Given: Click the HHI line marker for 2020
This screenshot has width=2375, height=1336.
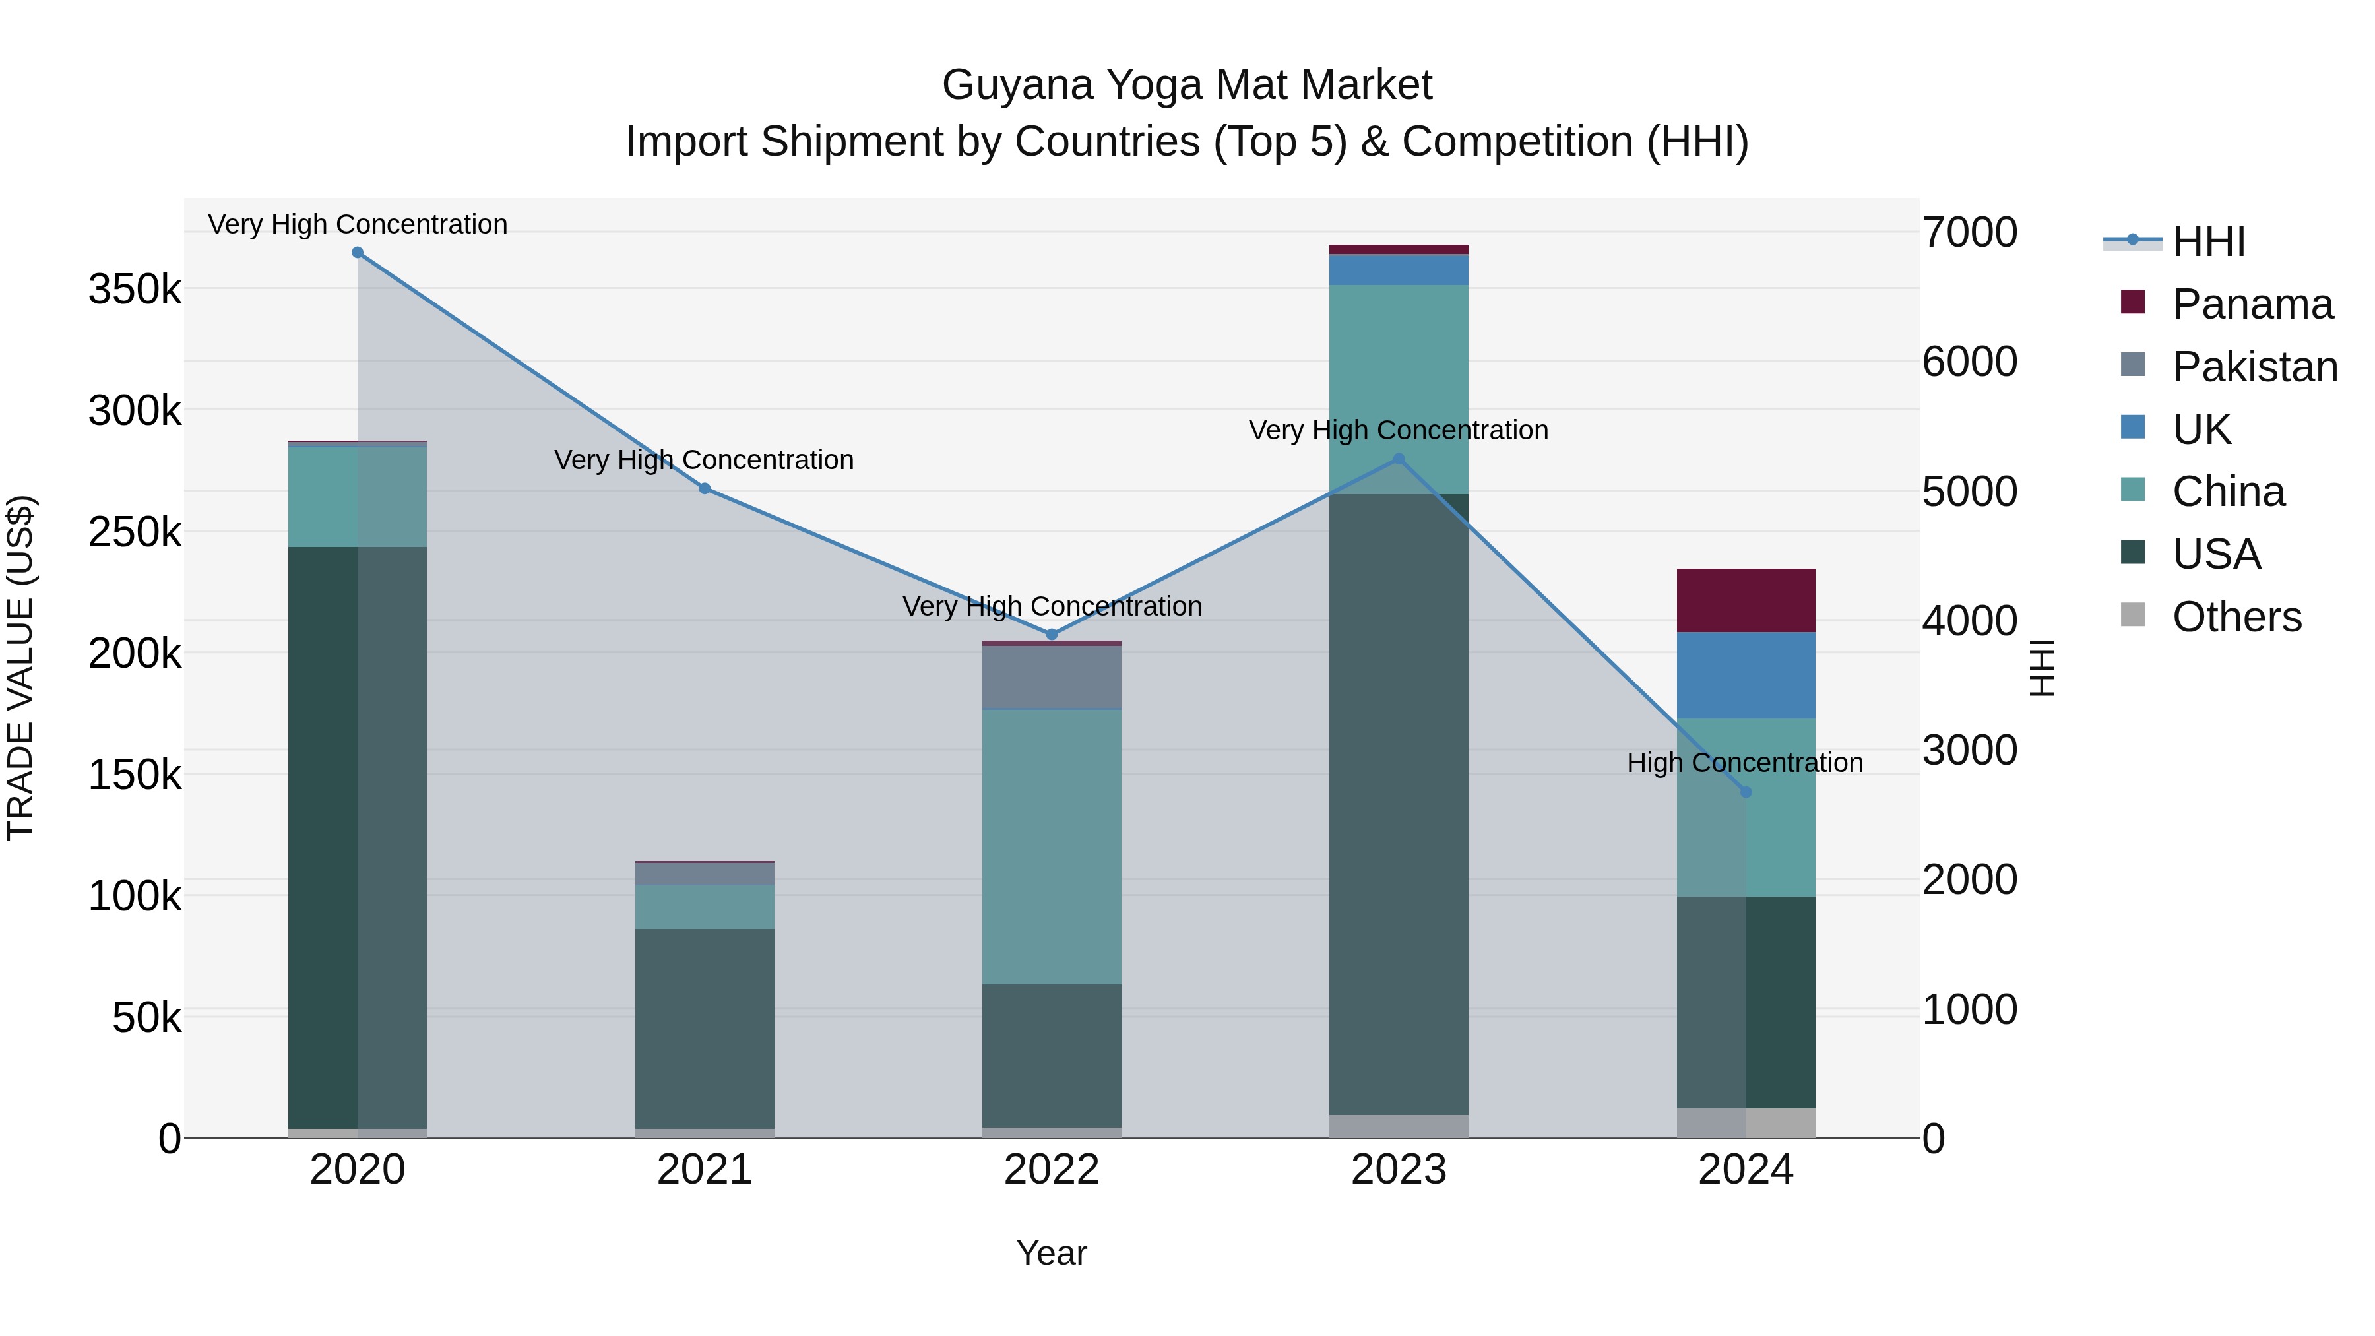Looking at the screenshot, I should coord(358,253).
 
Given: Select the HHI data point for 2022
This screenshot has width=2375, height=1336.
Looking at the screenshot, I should coord(1052,634).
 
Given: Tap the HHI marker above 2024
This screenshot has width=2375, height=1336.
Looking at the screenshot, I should coord(1745,792).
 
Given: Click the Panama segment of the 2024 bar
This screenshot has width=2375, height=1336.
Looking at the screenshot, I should coord(1745,600).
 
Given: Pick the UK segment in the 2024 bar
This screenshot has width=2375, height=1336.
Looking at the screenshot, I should coord(1745,675).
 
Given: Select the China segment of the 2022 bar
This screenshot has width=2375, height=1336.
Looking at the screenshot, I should coord(1052,846).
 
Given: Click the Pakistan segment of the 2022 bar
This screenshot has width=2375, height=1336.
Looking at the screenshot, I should coord(1052,677).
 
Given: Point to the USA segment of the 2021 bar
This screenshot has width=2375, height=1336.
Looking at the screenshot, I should coord(705,1028).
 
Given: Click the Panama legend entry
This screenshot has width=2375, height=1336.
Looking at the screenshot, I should coord(2252,304).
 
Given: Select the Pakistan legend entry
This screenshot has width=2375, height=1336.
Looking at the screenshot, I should coord(2254,367).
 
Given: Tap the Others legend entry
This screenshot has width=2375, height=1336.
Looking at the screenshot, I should coord(2236,617).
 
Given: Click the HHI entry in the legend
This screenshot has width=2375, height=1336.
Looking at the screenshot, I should coord(2208,241).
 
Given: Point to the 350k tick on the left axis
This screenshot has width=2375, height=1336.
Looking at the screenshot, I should coord(135,290).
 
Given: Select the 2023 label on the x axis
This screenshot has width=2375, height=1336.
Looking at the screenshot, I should coord(1399,1170).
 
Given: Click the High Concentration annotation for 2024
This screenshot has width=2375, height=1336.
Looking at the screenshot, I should coord(1744,763).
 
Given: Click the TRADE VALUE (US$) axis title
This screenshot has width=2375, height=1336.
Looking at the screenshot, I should coord(20,668).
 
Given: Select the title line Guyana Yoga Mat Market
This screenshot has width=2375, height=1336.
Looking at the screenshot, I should coord(1187,85).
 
